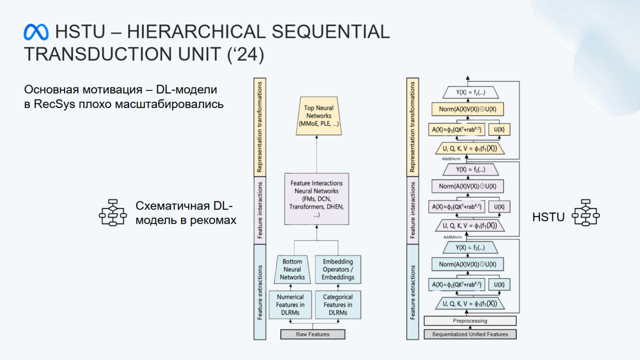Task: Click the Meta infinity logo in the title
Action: coord(36,32)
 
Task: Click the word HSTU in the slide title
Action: coord(80,32)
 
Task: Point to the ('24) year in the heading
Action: coord(246,54)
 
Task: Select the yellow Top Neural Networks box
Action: coord(319,116)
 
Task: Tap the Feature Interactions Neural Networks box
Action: coord(316,199)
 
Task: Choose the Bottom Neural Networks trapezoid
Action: coord(292,269)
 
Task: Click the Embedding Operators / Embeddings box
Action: coord(338,269)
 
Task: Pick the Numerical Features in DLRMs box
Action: coord(290,305)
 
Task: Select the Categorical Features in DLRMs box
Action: coord(338,305)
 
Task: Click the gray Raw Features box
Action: coord(313,334)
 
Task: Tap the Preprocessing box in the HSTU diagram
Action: coord(470,321)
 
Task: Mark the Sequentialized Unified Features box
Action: coord(470,334)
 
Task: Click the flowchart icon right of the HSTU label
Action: coord(585,213)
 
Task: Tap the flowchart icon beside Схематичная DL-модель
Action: coord(113,213)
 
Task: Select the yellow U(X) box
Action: coord(499,129)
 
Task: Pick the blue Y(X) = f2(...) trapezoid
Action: coord(470,248)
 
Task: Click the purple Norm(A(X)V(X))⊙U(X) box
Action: coord(467,186)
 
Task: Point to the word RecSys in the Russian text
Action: coord(54,104)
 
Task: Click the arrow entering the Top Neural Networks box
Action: coord(317,138)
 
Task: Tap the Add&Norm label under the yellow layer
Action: coord(451,159)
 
